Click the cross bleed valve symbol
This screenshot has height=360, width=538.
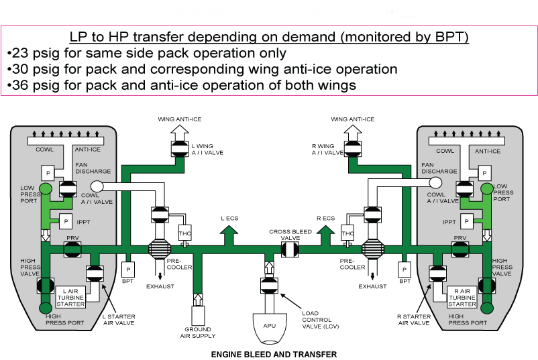tap(289, 248)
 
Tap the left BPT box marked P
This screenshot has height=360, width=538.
tap(127, 269)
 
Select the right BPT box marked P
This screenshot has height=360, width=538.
tap(405, 269)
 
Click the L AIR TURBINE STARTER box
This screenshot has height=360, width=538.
tap(72, 296)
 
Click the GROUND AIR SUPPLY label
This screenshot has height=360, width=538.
tap(198, 333)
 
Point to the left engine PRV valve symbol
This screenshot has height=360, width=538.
tap(72, 249)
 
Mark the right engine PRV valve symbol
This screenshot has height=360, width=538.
tap(460, 249)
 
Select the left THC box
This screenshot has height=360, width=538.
tap(185, 233)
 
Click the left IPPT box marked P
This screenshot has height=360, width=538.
tap(66, 220)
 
